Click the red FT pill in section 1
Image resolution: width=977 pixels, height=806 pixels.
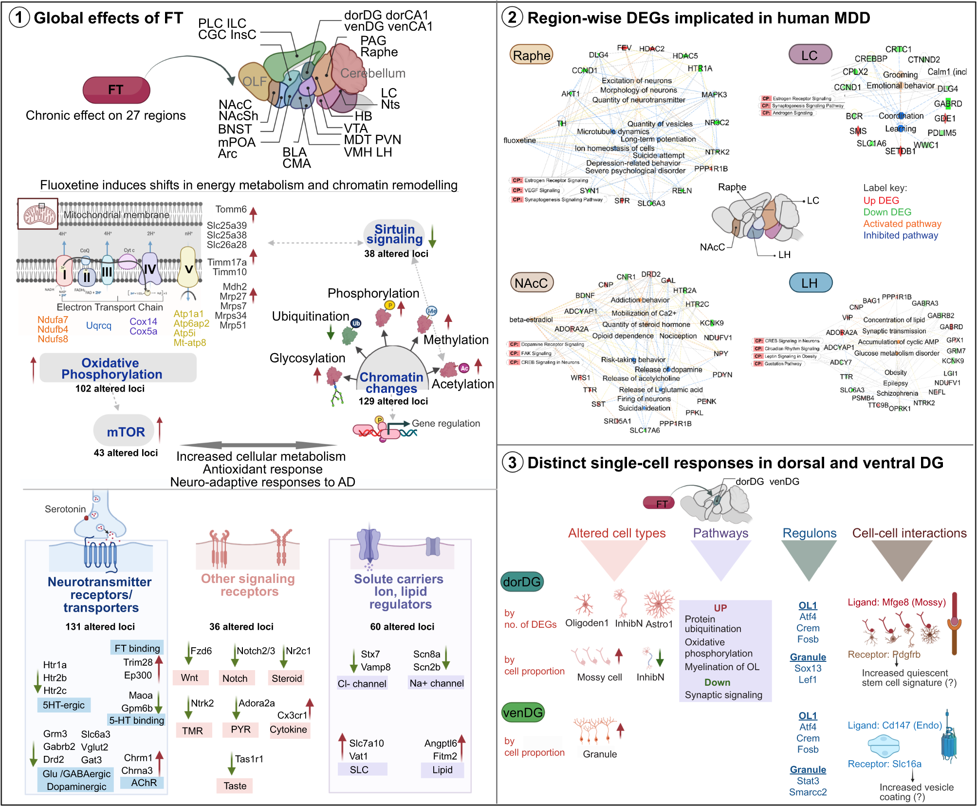point(116,90)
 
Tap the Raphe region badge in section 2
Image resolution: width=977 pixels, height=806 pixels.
point(532,56)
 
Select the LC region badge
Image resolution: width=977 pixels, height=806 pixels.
point(810,55)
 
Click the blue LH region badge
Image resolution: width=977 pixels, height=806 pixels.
point(810,283)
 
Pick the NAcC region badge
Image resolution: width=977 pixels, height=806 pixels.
point(532,283)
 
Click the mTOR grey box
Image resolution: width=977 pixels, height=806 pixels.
point(125,431)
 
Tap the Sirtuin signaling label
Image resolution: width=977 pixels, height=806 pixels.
point(394,234)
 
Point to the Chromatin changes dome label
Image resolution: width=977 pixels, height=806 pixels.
point(391,382)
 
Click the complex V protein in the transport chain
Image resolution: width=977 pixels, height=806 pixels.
point(188,268)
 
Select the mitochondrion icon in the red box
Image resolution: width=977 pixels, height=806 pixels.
point(38,214)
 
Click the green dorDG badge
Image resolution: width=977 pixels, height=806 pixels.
point(522,581)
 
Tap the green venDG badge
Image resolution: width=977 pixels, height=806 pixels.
point(523,712)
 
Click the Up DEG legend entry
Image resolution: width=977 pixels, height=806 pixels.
point(881,201)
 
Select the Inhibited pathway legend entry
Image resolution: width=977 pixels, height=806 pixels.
point(901,235)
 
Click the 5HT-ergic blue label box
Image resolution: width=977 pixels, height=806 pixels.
point(64,705)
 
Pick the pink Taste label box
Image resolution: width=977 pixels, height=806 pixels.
point(235,786)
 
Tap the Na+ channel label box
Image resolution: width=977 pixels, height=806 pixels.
point(436,683)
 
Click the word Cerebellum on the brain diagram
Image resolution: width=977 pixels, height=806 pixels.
point(373,74)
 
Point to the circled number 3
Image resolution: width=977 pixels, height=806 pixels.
point(512,462)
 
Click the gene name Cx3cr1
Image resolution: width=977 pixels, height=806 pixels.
point(292,715)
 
